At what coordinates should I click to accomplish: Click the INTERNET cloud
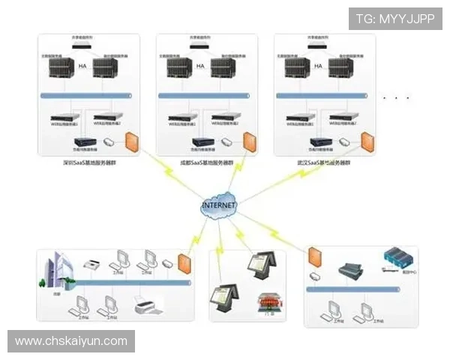218,205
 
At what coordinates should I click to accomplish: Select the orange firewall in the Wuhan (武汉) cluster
367,142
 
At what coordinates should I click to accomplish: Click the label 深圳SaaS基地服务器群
88,162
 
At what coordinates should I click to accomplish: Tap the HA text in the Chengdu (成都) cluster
200,66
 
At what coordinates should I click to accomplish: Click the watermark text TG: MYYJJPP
395,18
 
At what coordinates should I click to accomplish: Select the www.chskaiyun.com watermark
71,341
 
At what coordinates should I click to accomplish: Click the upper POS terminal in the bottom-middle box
264,264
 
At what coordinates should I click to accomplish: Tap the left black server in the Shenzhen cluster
59,69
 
